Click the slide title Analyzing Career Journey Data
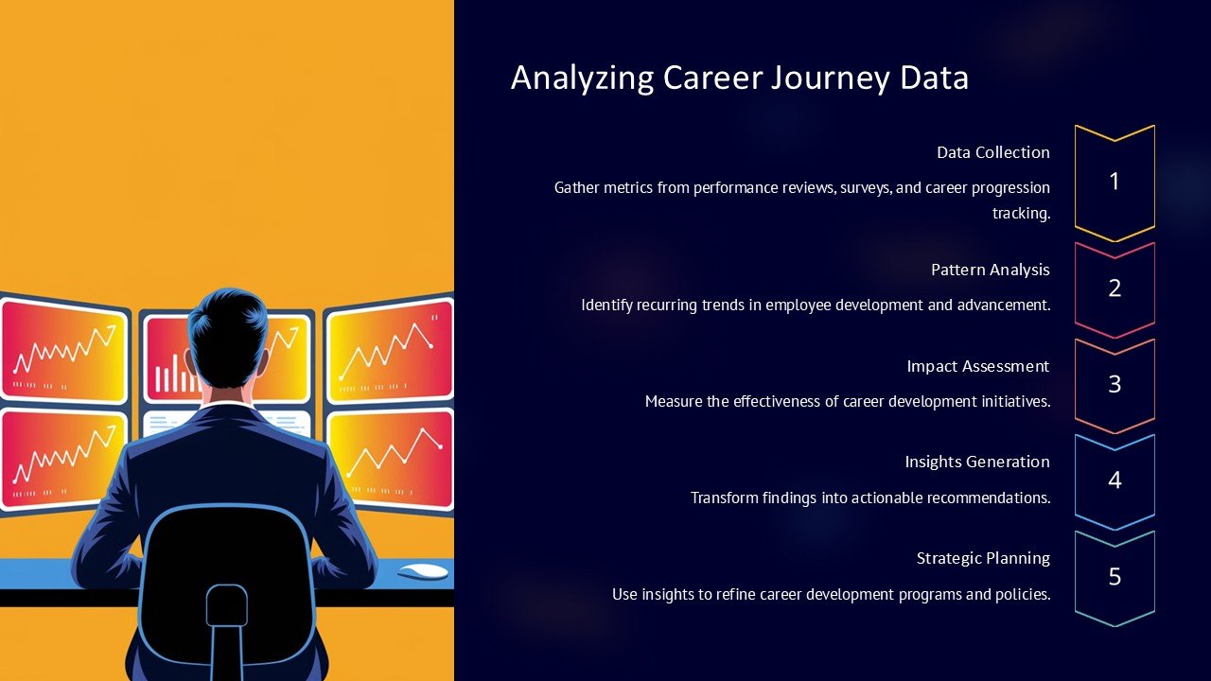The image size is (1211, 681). (x=739, y=78)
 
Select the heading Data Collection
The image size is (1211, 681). (x=992, y=152)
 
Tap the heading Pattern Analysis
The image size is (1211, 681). (x=990, y=270)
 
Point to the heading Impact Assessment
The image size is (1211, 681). (x=977, y=366)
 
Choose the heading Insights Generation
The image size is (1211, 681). (x=976, y=462)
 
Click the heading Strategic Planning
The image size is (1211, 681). (x=983, y=558)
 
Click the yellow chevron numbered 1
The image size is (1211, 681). (x=1114, y=182)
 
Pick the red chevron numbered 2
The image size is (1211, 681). (x=1114, y=288)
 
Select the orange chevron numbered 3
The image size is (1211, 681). (x=1114, y=385)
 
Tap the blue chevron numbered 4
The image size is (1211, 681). (x=1114, y=480)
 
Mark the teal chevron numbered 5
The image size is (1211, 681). (x=1114, y=577)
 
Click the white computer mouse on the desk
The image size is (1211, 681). (x=422, y=571)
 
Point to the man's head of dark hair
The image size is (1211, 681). (x=227, y=326)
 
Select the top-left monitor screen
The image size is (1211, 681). (x=62, y=350)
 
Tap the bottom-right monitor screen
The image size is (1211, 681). (x=390, y=459)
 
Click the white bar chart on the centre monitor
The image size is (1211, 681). (x=174, y=375)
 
